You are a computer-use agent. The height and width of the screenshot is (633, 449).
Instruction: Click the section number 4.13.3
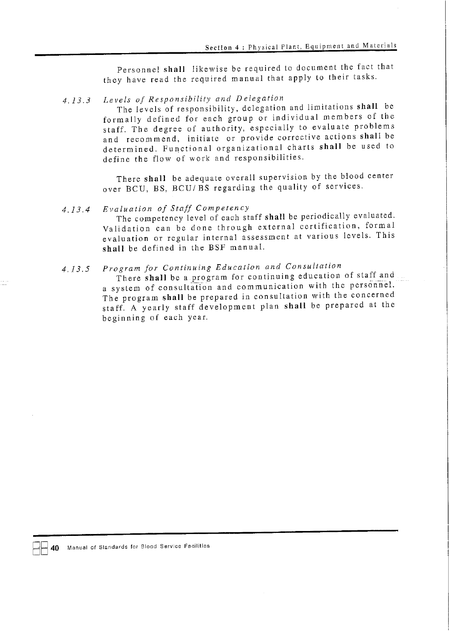click(76, 100)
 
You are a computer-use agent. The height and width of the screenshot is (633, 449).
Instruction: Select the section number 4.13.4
click(76, 210)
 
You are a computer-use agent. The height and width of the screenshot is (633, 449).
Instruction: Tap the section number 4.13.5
click(76, 269)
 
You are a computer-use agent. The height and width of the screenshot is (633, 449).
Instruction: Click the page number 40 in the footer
click(55, 548)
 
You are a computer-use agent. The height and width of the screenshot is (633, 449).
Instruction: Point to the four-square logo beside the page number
click(40, 548)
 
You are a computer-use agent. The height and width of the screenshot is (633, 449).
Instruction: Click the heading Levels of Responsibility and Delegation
click(193, 99)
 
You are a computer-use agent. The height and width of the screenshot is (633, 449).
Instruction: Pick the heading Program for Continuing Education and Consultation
click(222, 267)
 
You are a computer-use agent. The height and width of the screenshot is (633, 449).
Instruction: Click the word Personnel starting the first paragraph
click(139, 70)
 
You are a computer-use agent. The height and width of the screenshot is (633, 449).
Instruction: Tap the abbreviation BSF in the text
click(216, 248)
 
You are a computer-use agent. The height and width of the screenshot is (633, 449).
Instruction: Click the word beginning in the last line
click(124, 318)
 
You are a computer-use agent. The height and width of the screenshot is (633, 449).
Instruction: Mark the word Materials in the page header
click(380, 46)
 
